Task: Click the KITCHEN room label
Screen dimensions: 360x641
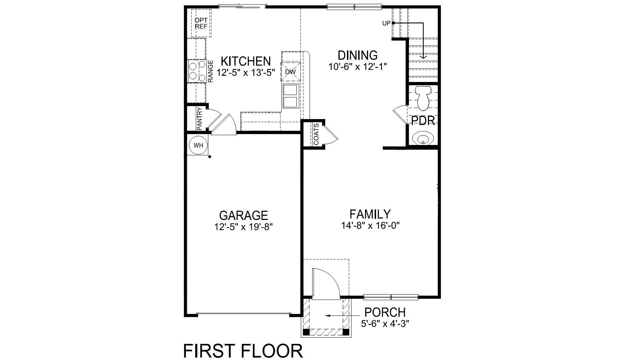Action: coord(246,61)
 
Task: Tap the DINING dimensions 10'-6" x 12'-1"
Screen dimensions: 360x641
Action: coord(357,67)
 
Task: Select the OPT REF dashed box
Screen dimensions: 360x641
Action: coord(201,23)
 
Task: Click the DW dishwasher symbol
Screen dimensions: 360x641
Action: coord(291,72)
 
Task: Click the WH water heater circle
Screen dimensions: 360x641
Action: coord(198,145)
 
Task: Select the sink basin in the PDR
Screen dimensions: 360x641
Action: coord(423,138)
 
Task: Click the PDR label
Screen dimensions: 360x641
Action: coord(423,121)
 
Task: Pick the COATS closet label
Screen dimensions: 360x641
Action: coord(316,134)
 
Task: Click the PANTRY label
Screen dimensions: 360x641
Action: coord(199,119)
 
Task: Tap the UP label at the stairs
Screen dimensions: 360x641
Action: coord(386,23)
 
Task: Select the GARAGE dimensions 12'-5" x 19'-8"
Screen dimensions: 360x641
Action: coord(244,227)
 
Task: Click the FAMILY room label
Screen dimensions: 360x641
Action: coord(370,214)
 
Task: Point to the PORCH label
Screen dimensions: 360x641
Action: coord(385,312)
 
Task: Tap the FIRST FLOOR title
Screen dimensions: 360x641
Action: coord(243,351)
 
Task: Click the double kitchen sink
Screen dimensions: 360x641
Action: coord(290,96)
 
